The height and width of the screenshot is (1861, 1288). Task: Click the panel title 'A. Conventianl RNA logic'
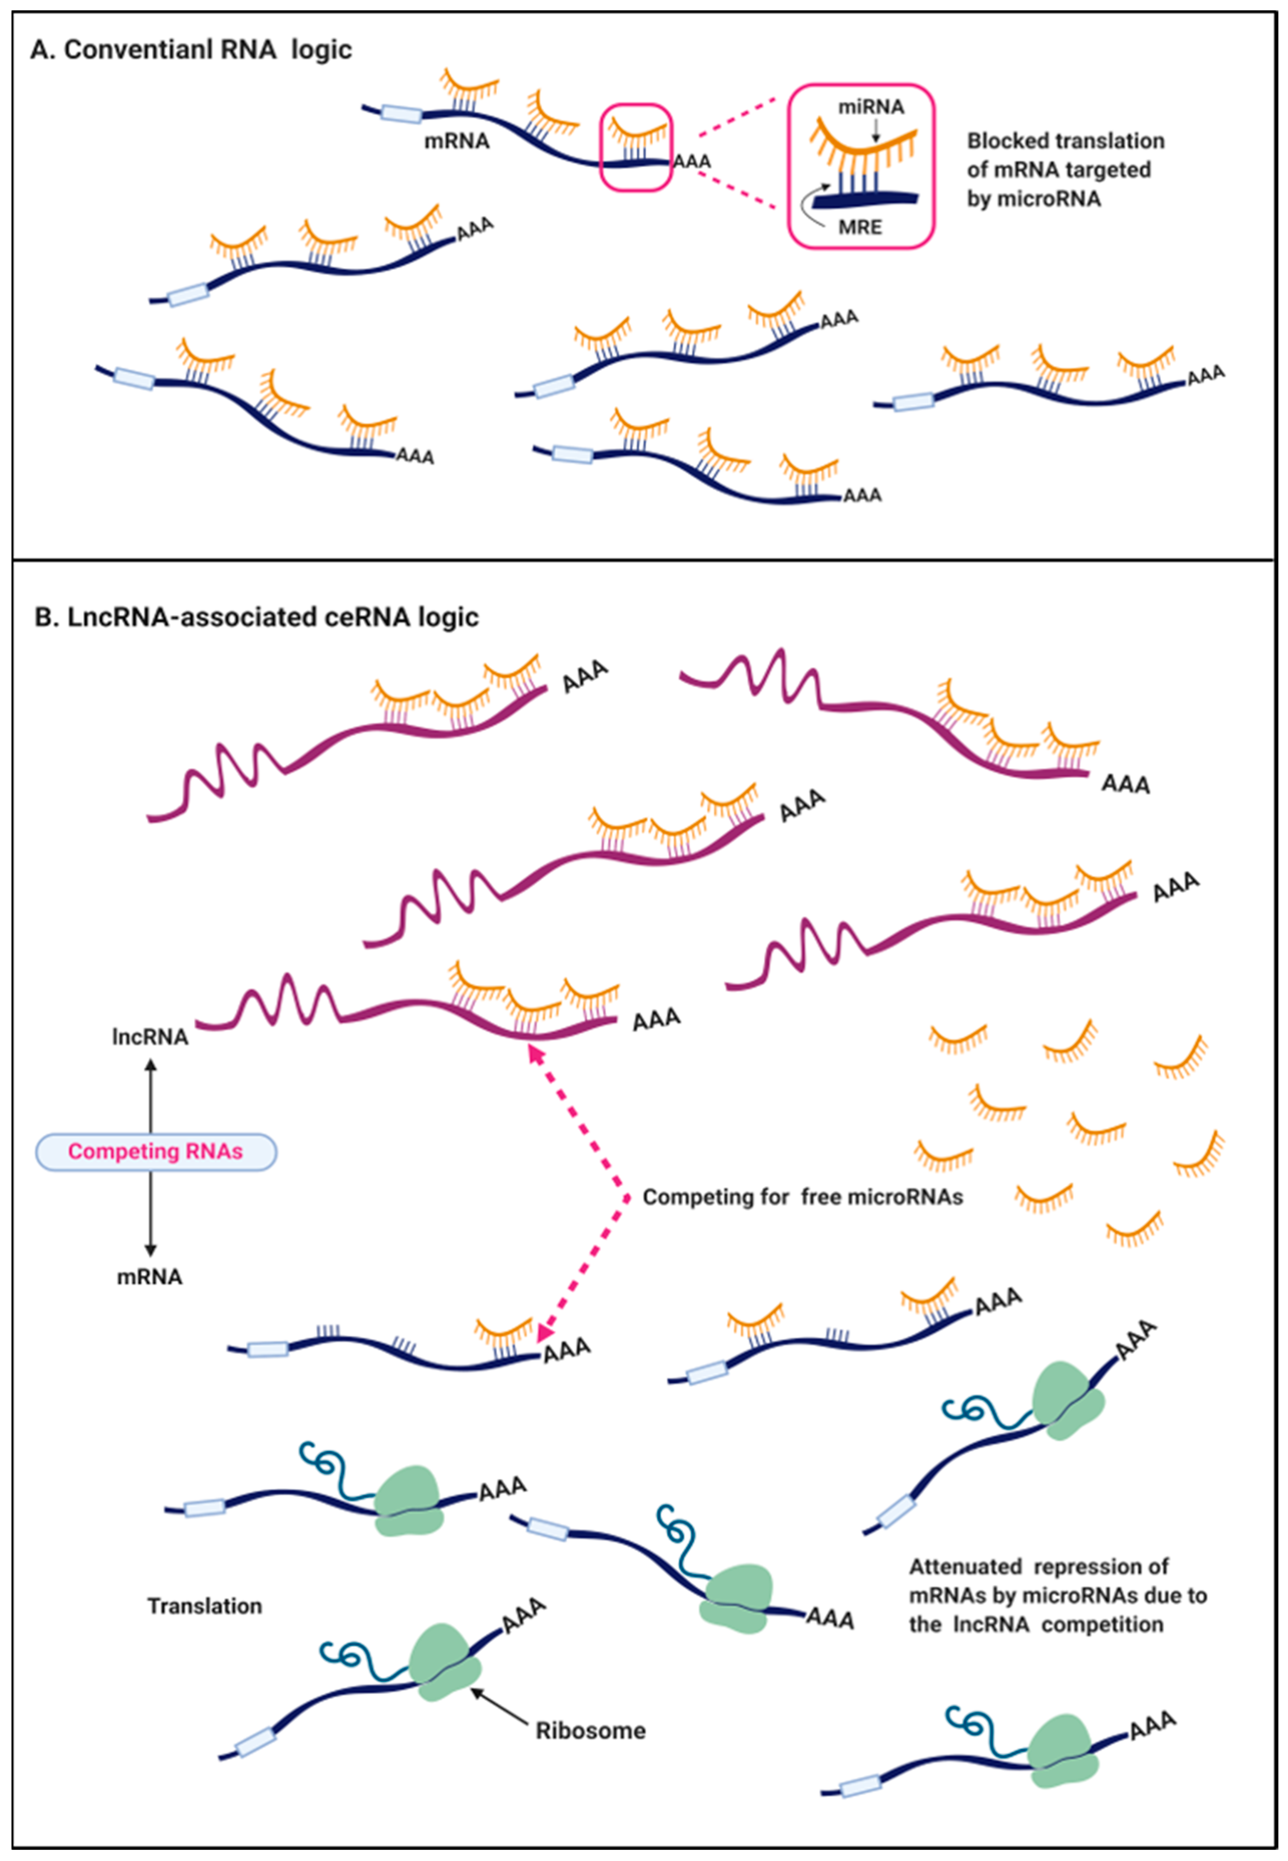pyautogui.click(x=191, y=50)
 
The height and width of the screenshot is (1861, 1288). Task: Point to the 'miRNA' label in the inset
pyautogui.click(x=871, y=107)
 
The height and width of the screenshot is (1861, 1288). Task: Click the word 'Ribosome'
pyautogui.click(x=591, y=1731)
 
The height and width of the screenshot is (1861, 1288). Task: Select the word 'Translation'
pyautogui.click(x=205, y=1606)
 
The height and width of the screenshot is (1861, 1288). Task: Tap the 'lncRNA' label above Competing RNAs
pyautogui.click(x=150, y=1037)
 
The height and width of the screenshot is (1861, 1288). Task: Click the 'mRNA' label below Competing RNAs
pyautogui.click(x=150, y=1277)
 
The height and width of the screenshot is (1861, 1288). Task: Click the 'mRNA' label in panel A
pyautogui.click(x=457, y=141)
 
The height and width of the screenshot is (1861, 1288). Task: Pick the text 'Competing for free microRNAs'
pyautogui.click(x=802, y=1197)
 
